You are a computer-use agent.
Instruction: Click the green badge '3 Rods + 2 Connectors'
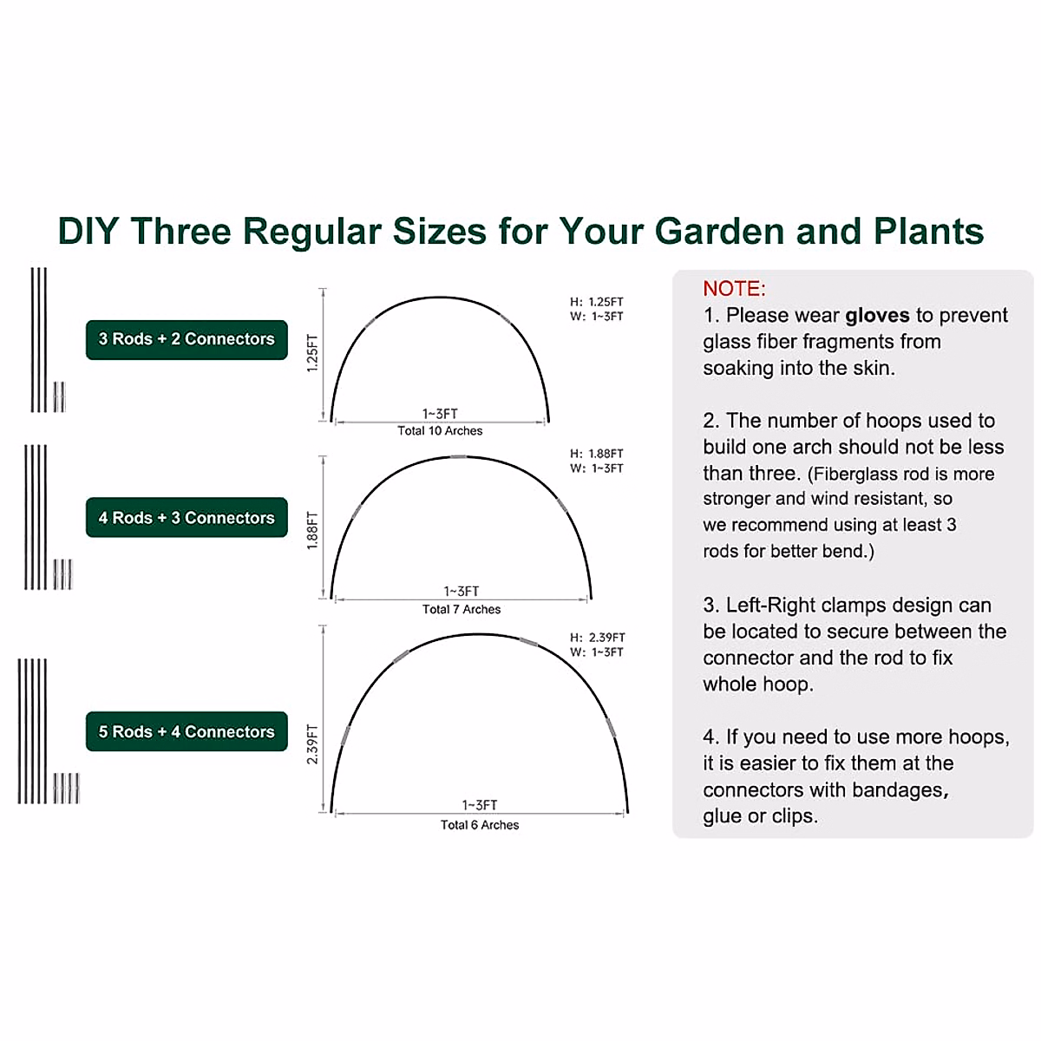[187, 339]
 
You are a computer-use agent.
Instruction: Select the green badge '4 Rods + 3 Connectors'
[187, 518]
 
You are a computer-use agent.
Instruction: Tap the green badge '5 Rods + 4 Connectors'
[187, 732]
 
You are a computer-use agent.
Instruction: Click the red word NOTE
[734, 289]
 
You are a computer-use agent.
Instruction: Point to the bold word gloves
[877, 315]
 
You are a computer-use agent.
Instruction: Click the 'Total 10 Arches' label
[440, 431]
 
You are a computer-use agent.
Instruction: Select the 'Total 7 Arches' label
[462, 610]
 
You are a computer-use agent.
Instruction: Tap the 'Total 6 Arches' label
[480, 825]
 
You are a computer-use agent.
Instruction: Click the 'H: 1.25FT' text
[597, 302]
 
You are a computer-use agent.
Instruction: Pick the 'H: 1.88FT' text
[597, 454]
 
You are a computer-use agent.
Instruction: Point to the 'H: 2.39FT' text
[598, 638]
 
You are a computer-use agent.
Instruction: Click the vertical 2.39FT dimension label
[313, 744]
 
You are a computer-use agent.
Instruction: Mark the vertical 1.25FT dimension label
[313, 353]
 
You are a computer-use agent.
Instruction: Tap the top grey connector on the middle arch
[459, 456]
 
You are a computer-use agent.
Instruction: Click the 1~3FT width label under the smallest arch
[440, 414]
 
